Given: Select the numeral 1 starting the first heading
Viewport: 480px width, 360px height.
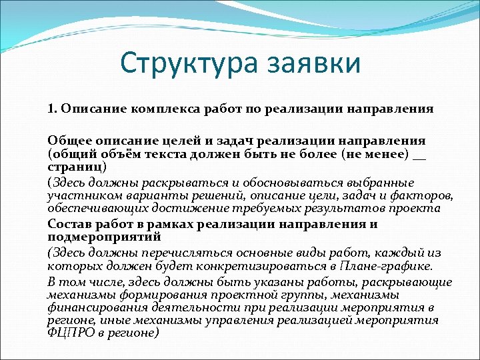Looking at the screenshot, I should coord(50,108).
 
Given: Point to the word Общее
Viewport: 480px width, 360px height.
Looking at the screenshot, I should coord(67,141).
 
